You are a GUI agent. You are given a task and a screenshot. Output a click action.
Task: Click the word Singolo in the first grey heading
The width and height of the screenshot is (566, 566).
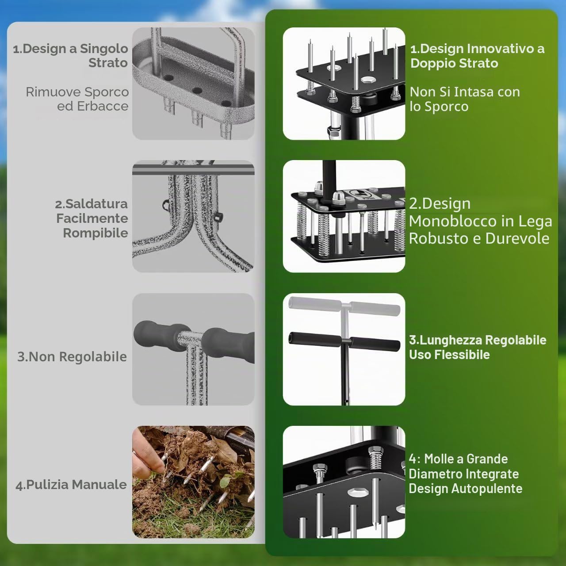104,49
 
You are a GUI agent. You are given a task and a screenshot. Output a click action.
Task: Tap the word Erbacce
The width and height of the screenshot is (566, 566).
103,106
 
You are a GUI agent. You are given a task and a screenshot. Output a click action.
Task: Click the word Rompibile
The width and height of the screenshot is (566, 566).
96,233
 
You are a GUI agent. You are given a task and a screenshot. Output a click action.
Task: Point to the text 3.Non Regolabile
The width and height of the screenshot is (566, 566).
72,357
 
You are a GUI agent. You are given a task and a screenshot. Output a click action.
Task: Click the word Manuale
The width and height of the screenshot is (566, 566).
99,485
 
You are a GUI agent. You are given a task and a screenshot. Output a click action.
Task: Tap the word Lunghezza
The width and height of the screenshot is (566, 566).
450,340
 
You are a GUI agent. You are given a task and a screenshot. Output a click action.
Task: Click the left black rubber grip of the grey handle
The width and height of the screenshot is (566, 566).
161,334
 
